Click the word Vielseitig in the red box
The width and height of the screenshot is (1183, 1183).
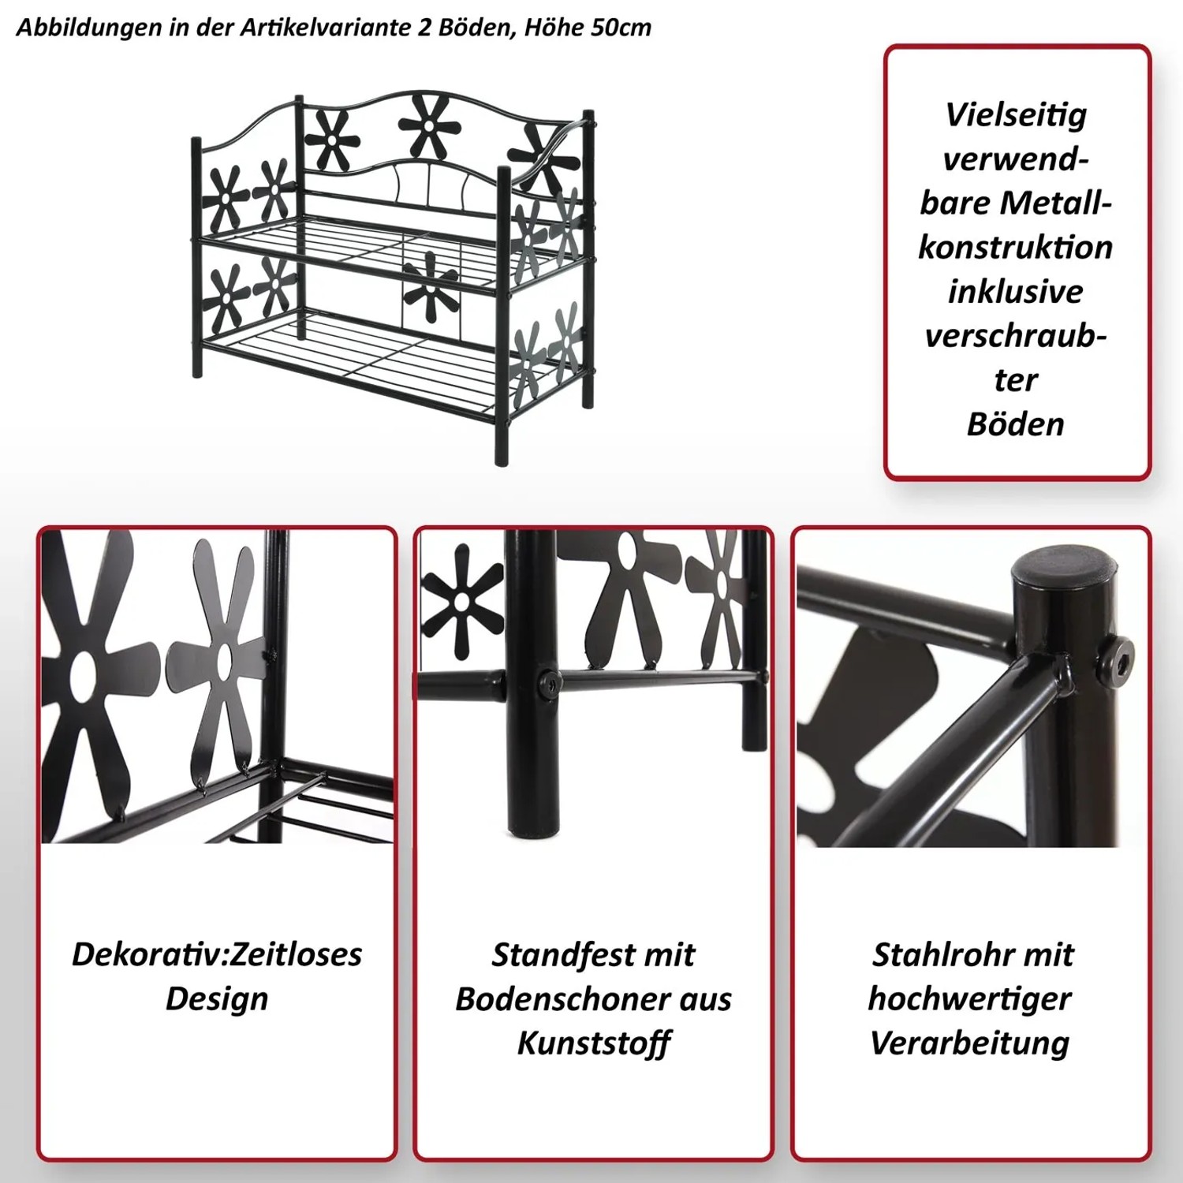[1016, 116]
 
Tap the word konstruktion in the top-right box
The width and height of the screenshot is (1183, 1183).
[1016, 248]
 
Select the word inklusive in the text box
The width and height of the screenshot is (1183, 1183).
[1016, 292]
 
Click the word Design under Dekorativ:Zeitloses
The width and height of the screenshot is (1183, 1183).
[217, 999]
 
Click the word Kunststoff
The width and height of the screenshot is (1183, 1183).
[593, 1043]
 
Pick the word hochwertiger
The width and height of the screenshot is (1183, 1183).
[970, 999]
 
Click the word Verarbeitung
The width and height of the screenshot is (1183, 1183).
[970, 1043]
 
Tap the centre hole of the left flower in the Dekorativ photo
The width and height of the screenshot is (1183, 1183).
[82, 672]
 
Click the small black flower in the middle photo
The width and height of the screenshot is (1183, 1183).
[462, 601]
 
